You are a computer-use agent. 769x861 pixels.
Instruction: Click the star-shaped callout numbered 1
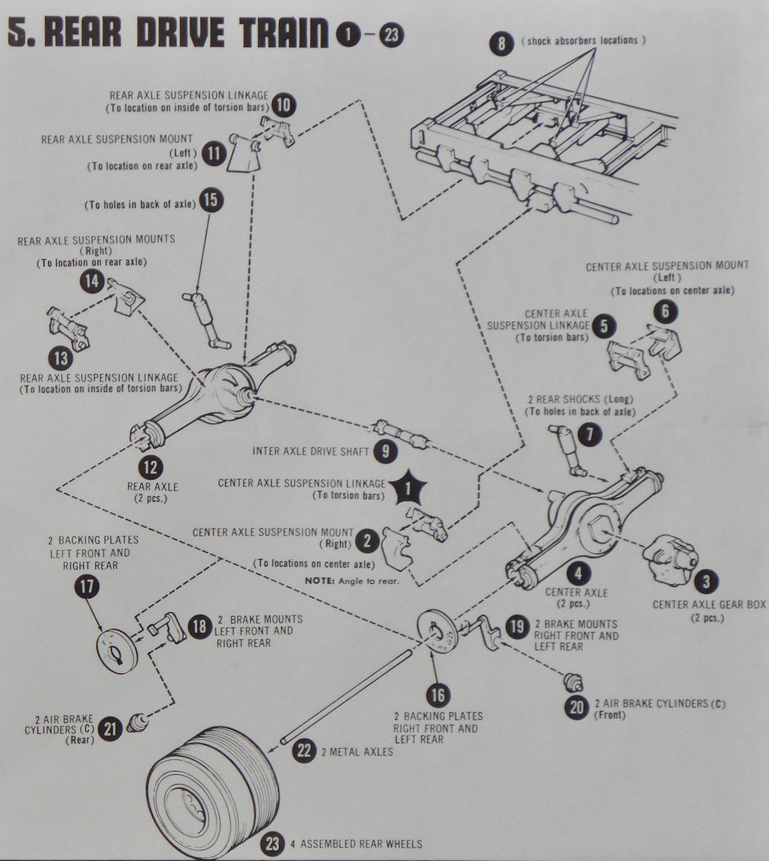click(x=408, y=488)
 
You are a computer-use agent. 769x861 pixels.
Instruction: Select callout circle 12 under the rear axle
click(x=151, y=467)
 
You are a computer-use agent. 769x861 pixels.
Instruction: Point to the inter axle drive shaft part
click(x=401, y=434)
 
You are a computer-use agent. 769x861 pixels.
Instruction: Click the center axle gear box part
click(x=670, y=559)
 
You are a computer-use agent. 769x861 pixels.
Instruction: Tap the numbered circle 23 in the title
click(x=391, y=34)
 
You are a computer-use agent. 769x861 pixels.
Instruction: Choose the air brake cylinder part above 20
click(x=573, y=682)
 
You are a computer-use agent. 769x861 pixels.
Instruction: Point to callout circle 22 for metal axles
click(x=304, y=751)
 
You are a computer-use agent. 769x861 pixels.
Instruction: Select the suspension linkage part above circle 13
click(x=68, y=329)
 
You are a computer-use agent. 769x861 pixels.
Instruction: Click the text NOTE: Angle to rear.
click(x=352, y=581)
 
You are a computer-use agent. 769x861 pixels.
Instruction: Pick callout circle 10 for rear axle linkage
click(x=284, y=104)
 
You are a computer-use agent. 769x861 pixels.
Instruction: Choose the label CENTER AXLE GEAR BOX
click(x=709, y=605)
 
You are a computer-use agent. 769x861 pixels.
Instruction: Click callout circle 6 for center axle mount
click(x=665, y=311)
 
